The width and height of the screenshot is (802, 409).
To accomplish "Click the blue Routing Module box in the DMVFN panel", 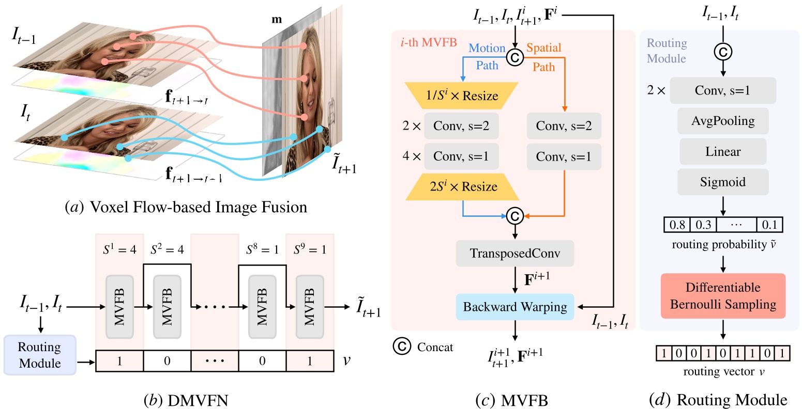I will pos(39,355).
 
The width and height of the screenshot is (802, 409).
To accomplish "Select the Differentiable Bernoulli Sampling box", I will pos(723,296).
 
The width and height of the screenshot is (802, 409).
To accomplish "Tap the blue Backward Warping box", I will pos(515,307).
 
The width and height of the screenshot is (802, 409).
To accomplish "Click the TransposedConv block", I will pos(515,253).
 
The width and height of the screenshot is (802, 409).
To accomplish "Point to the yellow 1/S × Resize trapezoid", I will pos(462,96).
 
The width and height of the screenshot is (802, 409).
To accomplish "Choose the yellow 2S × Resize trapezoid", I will pos(462,186).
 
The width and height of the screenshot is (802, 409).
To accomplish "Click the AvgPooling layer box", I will pos(723,121).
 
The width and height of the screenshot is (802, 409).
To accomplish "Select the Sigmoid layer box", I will pos(723,182).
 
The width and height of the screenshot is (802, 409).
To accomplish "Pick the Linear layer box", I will pos(723,151).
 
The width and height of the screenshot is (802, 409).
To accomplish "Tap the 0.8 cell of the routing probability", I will pos(677,225).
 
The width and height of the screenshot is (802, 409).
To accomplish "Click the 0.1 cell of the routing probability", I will pos(769,225).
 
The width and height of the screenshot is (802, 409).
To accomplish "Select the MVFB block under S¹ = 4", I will pos(119,307).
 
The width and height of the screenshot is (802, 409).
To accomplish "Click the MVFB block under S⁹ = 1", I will pos(309,307).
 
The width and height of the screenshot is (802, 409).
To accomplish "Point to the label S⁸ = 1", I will pos(262,250).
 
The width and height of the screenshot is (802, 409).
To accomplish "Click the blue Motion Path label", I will pos(487,57).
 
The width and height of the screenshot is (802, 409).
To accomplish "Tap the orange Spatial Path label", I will pos(543,57).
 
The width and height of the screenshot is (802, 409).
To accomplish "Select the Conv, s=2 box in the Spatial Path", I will pos(564,126).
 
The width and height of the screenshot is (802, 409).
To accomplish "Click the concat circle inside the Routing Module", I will pos(723,51).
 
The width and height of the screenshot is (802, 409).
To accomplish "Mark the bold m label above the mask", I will pos(277,20).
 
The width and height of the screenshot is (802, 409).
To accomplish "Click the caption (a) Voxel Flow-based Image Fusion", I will pos(186,207).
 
